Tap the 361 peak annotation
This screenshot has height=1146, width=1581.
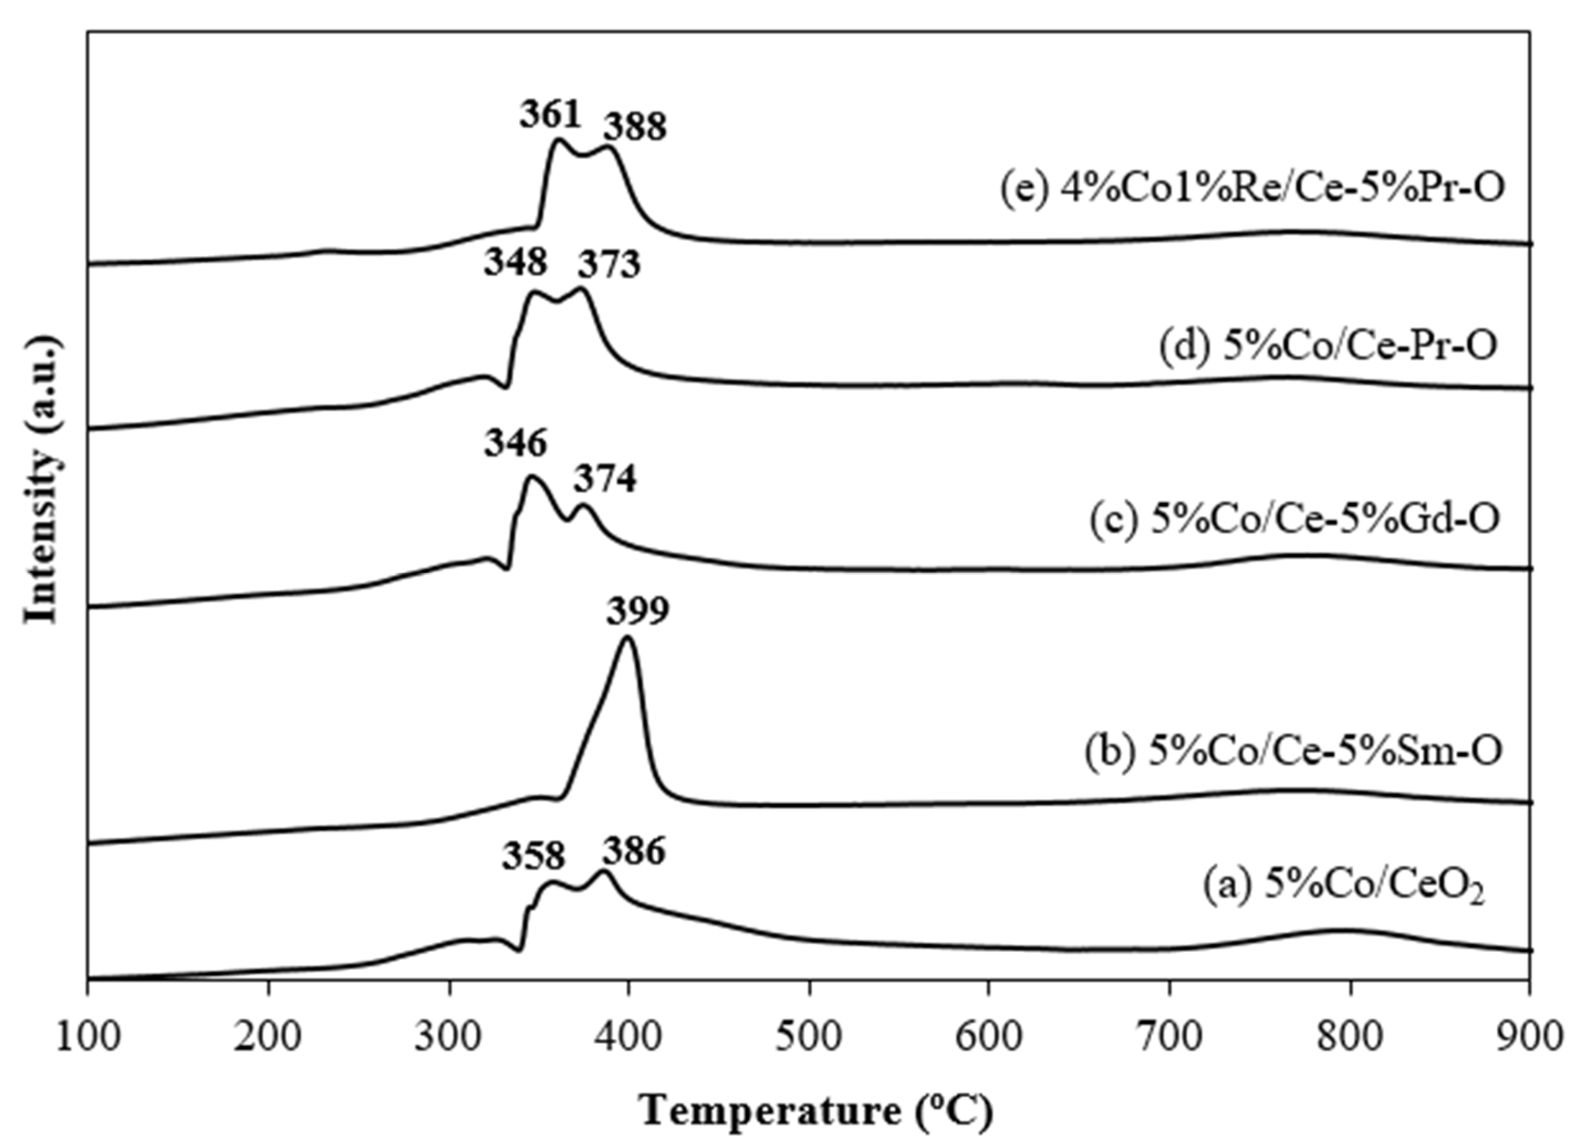550,115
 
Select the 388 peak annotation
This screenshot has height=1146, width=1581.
634,128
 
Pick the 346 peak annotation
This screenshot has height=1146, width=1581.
516,443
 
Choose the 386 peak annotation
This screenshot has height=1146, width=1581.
634,851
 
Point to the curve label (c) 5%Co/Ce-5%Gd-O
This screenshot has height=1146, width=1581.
1295,519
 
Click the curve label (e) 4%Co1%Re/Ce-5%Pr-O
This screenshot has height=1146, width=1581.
1251,188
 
